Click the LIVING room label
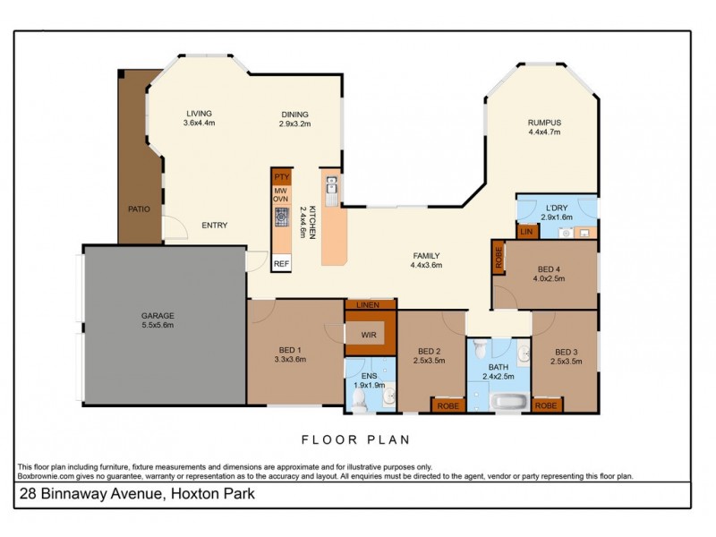199,114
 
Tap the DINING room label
294,115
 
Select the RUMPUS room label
544,123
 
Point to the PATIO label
138,209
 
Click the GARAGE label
157,316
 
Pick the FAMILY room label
425,256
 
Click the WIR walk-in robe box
369,335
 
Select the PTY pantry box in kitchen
281,177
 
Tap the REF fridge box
281,263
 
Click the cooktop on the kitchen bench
281,216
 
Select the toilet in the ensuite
359,402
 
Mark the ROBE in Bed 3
546,405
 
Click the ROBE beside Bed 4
498,258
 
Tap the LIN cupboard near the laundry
528,232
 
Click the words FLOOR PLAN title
354,439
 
